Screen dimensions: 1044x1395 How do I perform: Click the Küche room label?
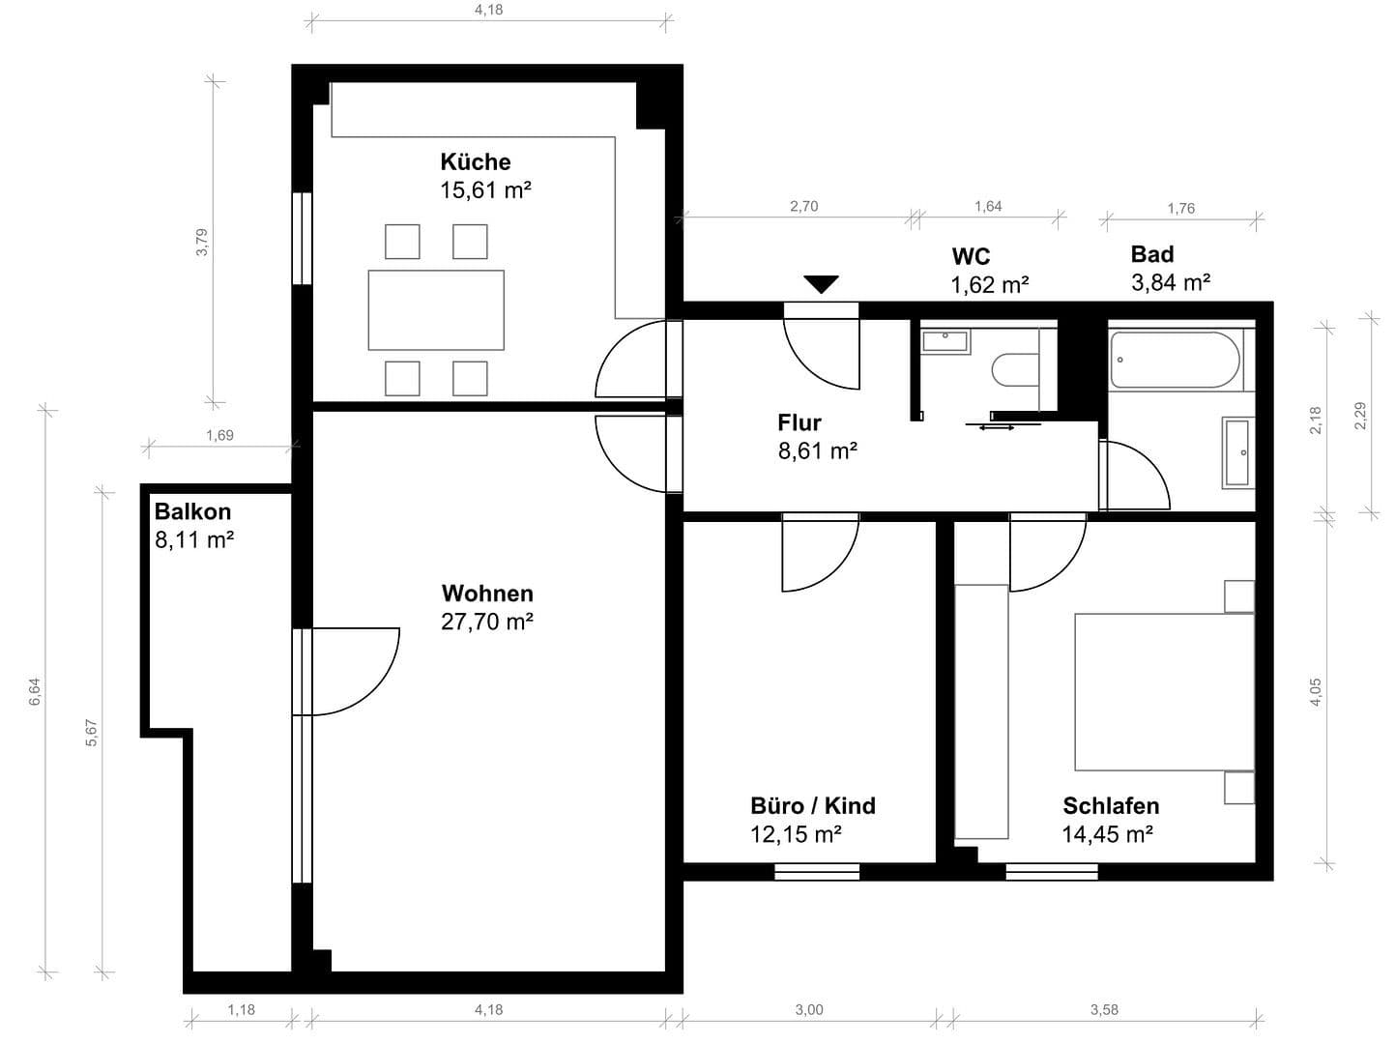point(475,161)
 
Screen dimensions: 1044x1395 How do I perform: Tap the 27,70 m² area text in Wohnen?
point(487,622)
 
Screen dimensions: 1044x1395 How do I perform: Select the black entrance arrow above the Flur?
point(821,284)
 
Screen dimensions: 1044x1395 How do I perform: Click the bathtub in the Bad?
point(1175,361)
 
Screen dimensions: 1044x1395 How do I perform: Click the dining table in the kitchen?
point(436,309)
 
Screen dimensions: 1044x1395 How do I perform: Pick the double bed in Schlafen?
point(1164,691)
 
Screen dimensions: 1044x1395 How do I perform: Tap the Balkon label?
point(192,511)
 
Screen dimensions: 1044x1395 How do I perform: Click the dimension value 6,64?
point(35,691)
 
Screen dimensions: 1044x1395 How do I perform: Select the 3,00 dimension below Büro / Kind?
point(809,1009)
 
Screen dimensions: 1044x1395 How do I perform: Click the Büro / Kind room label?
point(812,805)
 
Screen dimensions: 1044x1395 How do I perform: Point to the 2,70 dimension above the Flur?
point(803,206)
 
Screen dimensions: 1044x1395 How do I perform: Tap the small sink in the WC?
point(945,341)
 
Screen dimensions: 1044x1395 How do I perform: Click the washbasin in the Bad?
point(1237,452)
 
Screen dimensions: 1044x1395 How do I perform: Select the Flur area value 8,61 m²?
point(818,450)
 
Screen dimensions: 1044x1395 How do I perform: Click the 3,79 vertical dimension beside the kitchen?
point(201,242)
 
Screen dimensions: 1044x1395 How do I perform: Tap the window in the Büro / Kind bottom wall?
point(817,872)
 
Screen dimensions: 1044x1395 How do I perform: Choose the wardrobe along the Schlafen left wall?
point(981,711)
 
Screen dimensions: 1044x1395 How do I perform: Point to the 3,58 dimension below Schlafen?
point(1104,1009)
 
